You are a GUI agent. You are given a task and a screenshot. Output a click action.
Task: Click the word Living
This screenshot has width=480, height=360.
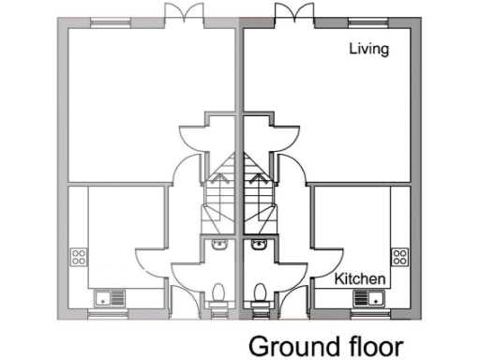[x=368, y=49]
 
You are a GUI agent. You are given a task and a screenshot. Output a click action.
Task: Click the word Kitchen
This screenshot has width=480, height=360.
[x=361, y=278]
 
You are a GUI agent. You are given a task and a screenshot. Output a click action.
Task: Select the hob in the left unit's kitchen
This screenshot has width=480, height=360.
[x=79, y=257]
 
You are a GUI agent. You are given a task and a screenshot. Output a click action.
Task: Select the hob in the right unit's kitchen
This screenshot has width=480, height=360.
[x=400, y=256]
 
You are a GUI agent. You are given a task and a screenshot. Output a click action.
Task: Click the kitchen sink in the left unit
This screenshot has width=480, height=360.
[x=110, y=299]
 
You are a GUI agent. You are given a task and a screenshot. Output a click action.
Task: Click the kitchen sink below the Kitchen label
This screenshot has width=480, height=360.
[x=368, y=299]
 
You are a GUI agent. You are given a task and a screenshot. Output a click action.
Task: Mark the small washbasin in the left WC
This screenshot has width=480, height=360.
[x=219, y=245]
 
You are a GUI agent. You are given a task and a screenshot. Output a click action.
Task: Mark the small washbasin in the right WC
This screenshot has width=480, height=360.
[x=259, y=245]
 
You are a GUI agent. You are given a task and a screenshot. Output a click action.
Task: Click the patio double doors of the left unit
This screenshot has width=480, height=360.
[x=182, y=14]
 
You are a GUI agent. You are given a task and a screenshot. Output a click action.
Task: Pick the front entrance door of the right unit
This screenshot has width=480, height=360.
[x=293, y=292]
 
